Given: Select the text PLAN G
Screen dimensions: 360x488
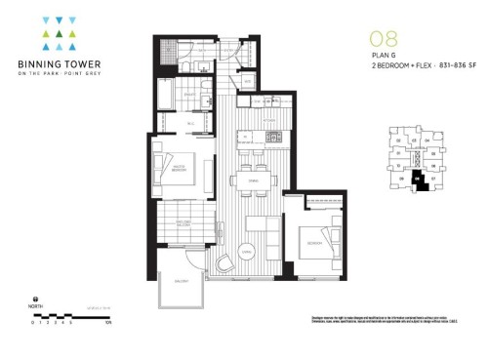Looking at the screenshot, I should pos(380,57).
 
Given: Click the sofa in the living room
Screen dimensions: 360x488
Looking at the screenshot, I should pos(253,225).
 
